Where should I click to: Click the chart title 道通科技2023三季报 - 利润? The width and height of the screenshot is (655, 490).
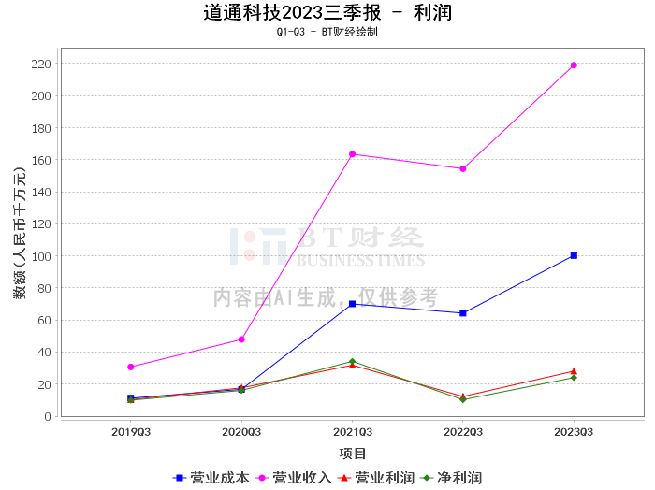coord(327,12)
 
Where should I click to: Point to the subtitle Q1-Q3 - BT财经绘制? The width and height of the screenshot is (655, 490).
coord(327,32)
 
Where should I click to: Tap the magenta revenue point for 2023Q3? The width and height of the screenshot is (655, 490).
coord(574,65)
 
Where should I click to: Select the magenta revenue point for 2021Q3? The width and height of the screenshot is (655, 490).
coord(352,154)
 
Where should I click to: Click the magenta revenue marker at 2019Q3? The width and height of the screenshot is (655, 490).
coord(131,367)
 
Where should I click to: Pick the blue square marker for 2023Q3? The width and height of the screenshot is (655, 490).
coord(574,255)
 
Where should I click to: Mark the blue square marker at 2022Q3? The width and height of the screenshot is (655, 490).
coord(463,313)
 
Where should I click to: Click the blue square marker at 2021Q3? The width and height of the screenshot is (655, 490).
coord(352,304)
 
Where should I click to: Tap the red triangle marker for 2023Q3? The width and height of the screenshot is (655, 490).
coord(574,371)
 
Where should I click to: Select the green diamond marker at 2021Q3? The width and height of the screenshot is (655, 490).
coord(352,362)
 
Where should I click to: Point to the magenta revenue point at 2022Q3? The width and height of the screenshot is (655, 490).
coord(463,168)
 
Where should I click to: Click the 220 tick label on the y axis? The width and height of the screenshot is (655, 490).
coord(41,64)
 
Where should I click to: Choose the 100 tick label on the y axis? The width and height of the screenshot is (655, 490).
coord(41,256)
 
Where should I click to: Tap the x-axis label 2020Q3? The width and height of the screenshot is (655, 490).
coord(241,432)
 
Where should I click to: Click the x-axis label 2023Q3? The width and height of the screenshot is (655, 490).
coord(574,432)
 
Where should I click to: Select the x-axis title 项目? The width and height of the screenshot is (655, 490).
coord(353,454)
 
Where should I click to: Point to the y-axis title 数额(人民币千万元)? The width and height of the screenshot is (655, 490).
coord(20,233)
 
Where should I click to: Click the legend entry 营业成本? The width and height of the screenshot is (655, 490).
coord(211,478)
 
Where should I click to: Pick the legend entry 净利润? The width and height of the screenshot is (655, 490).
coord(451,478)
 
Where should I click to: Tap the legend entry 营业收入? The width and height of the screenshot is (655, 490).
coord(293,478)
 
